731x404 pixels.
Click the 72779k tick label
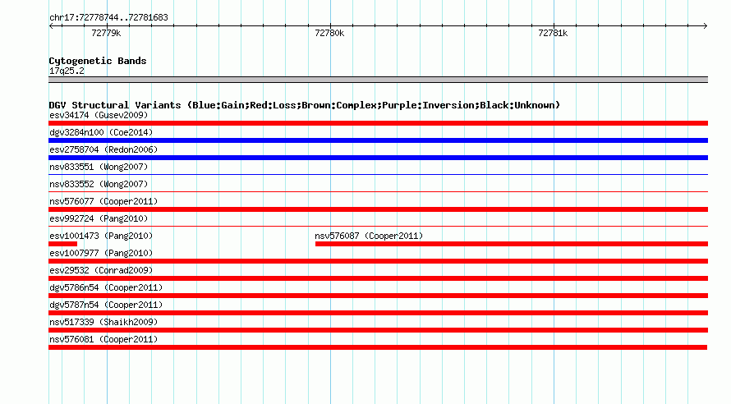tap(106, 33)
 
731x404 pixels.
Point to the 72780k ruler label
tap(329, 33)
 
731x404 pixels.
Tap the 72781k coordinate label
tap(553, 33)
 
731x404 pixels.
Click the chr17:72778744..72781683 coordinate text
tap(108, 18)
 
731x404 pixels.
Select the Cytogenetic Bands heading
tap(98, 61)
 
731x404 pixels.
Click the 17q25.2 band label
tap(67, 71)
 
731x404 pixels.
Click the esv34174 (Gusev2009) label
tap(99, 115)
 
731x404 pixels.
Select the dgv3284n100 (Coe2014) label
tap(101, 132)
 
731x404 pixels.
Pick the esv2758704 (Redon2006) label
tap(103, 149)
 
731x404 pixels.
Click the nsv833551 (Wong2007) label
tap(99, 167)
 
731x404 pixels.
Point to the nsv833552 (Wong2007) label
tap(99, 184)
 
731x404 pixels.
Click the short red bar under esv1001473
tap(63, 244)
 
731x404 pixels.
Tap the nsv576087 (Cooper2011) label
tap(369, 236)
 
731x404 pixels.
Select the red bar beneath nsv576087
tap(512, 244)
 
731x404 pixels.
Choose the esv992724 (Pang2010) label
tap(99, 218)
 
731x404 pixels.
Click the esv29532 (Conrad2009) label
tap(101, 270)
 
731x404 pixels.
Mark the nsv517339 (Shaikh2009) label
tap(103, 322)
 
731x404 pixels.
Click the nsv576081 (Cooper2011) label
tap(103, 339)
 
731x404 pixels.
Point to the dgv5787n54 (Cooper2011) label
tap(106, 305)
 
